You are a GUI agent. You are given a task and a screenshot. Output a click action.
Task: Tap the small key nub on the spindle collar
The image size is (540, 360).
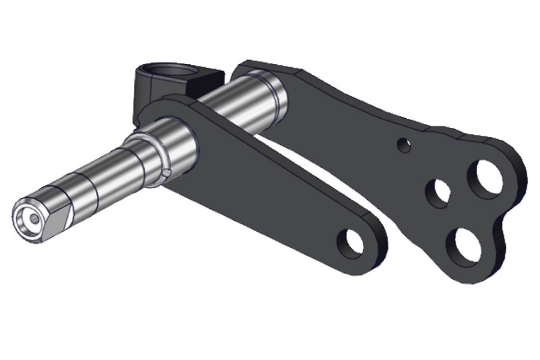pyautogui.click(x=167, y=173)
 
